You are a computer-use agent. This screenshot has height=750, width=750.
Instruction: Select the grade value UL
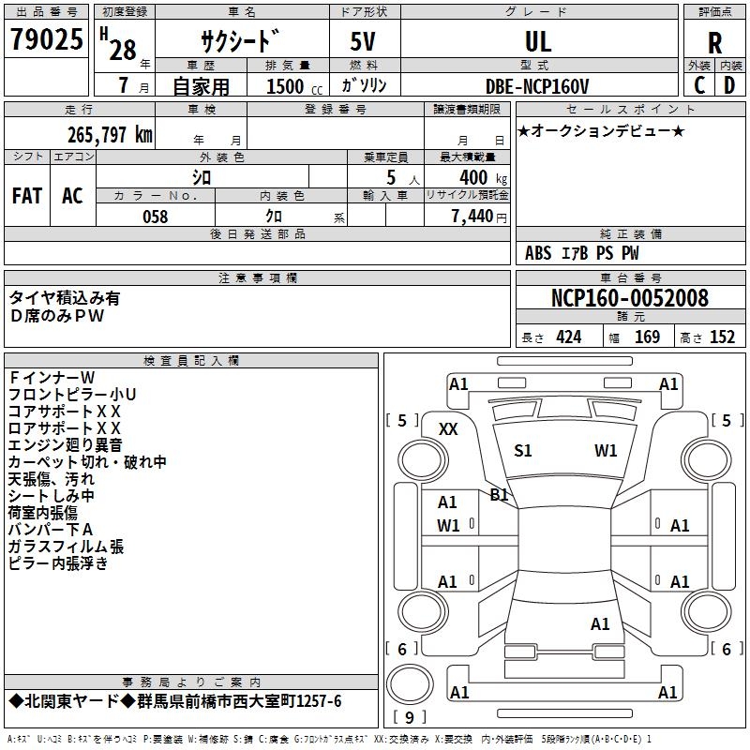[538, 41]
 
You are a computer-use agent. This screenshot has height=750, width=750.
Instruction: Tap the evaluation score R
[714, 42]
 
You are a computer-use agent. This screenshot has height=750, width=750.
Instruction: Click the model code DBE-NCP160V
[538, 86]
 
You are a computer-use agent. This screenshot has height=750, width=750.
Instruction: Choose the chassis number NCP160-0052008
[629, 298]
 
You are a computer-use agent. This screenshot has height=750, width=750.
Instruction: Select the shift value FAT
[27, 196]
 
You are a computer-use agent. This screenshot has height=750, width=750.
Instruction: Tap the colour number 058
[155, 217]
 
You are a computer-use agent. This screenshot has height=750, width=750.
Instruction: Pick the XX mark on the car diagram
[448, 428]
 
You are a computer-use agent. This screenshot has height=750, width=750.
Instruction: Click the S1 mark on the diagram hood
[523, 451]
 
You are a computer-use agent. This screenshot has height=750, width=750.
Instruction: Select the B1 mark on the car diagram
[499, 495]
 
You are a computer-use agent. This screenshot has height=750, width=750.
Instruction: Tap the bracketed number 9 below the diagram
[409, 718]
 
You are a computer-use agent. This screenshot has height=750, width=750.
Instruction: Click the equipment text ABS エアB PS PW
[581, 253]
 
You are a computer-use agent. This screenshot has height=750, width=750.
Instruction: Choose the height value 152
[721, 337]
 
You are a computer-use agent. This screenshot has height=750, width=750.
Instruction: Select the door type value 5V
[365, 41]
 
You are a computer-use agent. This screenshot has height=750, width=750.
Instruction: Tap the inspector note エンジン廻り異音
[65, 444]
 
